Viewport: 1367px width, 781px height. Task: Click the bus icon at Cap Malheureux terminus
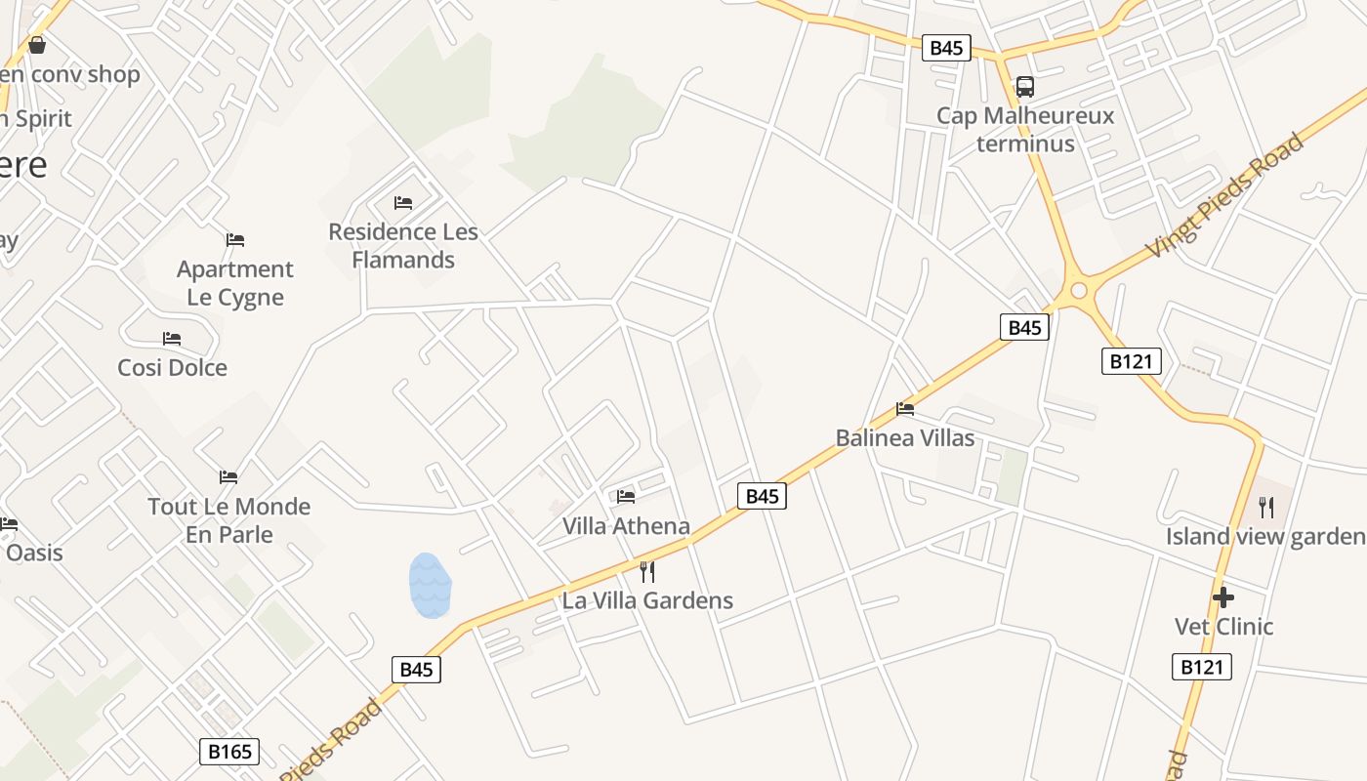click(1025, 87)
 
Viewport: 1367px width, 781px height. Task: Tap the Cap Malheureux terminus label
click(1025, 129)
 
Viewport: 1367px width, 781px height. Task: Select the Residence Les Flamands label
click(403, 246)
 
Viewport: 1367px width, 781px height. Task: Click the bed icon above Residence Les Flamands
click(403, 203)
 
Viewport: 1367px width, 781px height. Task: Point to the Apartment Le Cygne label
click(235, 283)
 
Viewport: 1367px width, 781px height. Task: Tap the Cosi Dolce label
click(172, 368)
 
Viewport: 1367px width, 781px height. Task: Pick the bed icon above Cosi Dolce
click(172, 339)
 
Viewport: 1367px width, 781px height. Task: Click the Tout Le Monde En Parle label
click(229, 520)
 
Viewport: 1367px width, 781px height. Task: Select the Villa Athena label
click(626, 526)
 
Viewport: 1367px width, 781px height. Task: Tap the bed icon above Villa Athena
click(626, 497)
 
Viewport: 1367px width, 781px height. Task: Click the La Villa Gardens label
click(647, 600)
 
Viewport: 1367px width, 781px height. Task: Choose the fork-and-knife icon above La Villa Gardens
click(646, 571)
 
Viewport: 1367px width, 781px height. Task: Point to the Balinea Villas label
click(905, 438)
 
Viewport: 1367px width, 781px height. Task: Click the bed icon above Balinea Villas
click(905, 409)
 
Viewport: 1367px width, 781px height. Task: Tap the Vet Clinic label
click(1223, 627)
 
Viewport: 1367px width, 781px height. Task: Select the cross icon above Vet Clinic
click(1223, 597)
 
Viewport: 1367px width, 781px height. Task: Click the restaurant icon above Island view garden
click(1266, 507)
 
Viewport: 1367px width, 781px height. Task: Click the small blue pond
click(430, 586)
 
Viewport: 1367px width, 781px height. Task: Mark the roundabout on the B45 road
click(1079, 290)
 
